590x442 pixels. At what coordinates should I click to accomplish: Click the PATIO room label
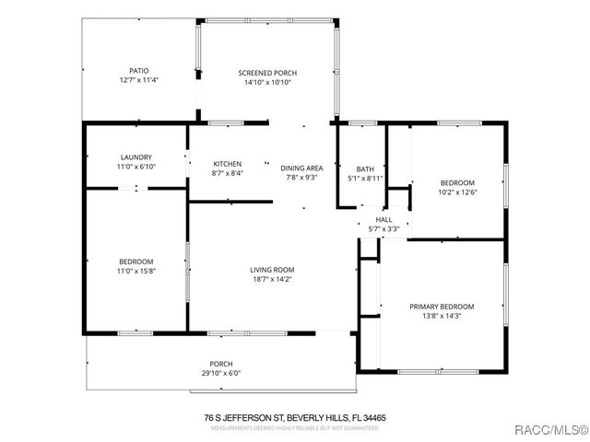click(x=138, y=70)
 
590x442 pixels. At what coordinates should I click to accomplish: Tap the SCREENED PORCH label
click(x=267, y=73)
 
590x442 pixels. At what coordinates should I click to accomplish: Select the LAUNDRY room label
click(x=136, y=157)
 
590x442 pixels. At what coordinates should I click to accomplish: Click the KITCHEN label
click(x=227, y=164)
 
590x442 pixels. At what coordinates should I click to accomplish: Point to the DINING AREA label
click(x=301, y=168)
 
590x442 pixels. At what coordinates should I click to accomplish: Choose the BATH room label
click(x=365, y=169)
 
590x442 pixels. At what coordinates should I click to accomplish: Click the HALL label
click(x=383, y=219)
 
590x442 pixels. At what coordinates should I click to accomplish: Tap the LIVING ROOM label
click(x=272, y=270)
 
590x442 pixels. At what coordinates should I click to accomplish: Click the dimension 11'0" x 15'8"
click(x=136, y=272)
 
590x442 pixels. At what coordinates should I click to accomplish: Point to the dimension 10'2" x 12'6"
click(x=456, y=192)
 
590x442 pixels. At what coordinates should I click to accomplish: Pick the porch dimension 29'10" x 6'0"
click(x=221, y=373)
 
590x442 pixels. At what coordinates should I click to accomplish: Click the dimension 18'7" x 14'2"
click(x=272, y=280)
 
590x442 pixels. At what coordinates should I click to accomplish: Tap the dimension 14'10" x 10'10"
click(x=267, y=83)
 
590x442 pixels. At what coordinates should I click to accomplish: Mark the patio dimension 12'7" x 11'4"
click(x=138, y=80)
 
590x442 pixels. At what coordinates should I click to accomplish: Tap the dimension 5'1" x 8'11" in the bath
click(x=365, y=179)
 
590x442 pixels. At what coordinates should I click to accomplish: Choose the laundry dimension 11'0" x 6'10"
click(x=136, y=167)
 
